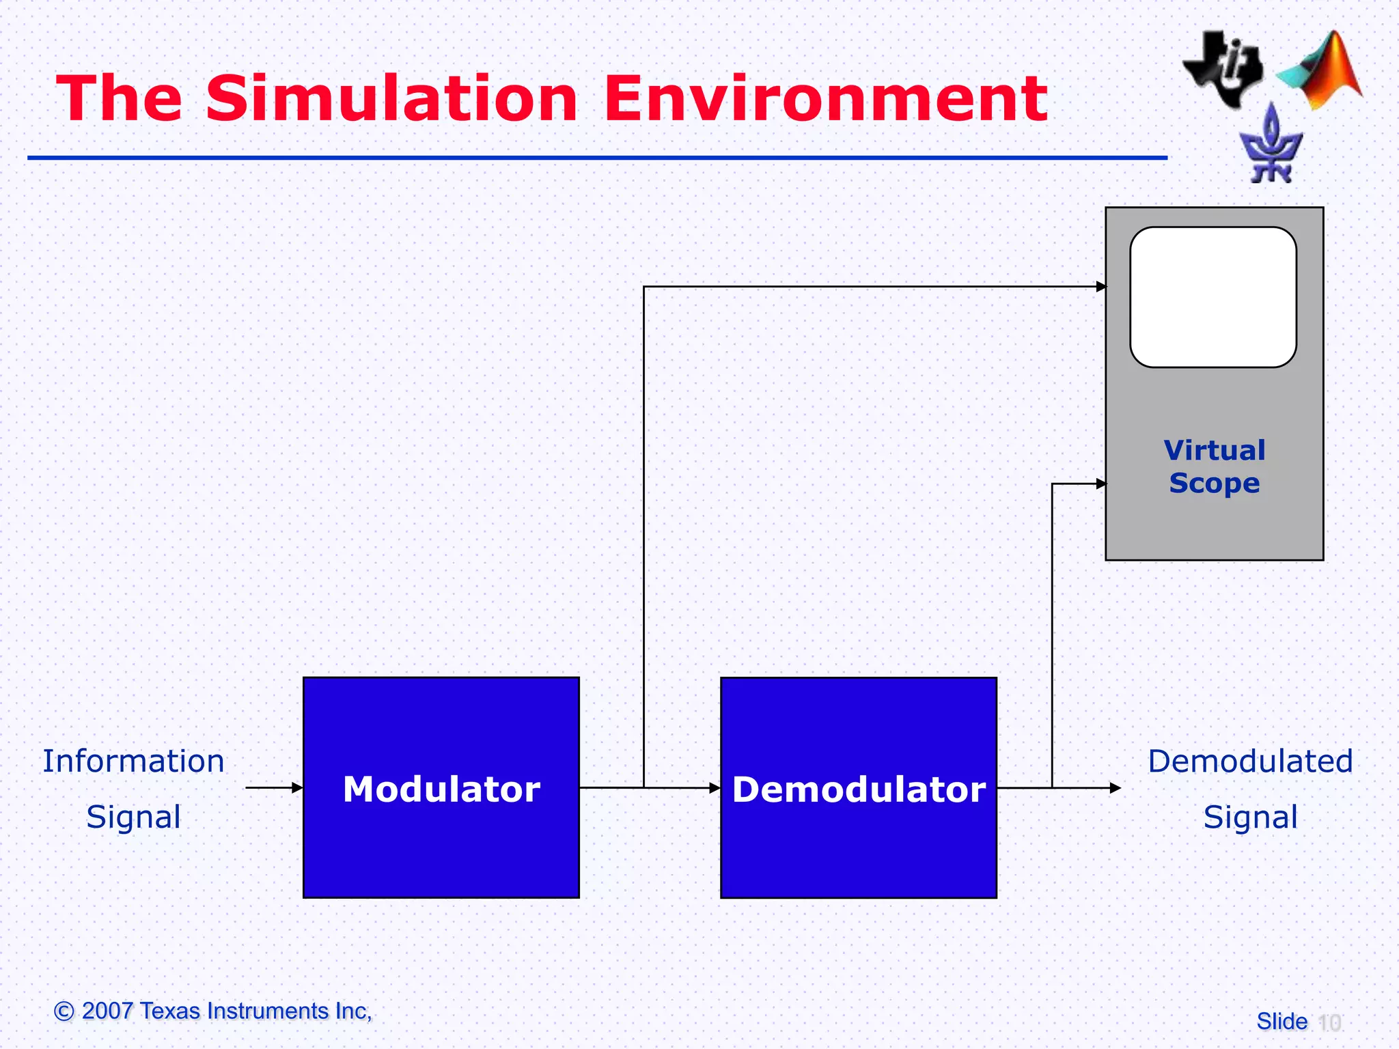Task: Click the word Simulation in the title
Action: tap(391, 99)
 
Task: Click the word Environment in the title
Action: tap(825, 99)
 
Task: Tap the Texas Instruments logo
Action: tap(1223, 68)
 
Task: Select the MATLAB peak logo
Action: tap(1322, 72)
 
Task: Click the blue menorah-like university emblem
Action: tap(1271, 147)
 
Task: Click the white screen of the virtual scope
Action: tap(1213, 297)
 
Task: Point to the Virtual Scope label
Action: tap(1215, 466)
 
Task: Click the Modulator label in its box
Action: tap(441, 789)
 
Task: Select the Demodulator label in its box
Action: tap(859, 789)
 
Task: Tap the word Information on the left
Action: tap(133, 761)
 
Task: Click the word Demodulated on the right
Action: tap(1250, 761)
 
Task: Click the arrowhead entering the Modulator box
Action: tap(297, 787)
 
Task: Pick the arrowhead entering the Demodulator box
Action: tap(715, 788)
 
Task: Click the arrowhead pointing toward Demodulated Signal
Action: tap(1115, 788)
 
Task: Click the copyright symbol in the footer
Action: tap(64, 1011)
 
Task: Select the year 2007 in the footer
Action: tap(107, 1011)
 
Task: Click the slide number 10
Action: tap(1329, 1022)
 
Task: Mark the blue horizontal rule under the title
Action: tap(597, 158)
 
